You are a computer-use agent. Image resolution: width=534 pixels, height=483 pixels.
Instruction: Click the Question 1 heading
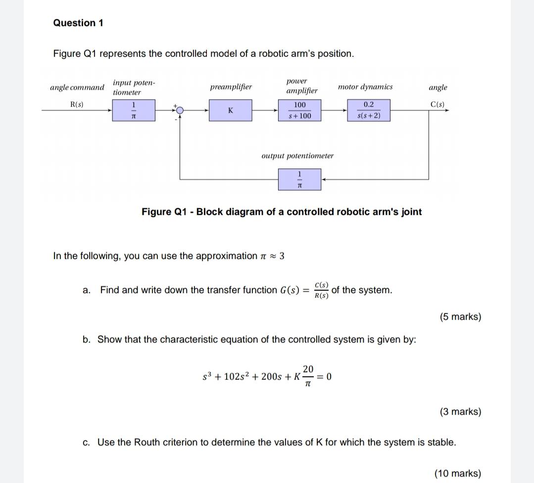coord(78,23)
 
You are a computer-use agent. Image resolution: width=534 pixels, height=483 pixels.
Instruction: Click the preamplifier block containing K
coord(230,110)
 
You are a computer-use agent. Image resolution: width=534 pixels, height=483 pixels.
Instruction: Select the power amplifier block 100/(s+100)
coord(299,110)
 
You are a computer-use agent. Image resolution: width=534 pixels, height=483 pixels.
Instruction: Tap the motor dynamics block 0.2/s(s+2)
coord(369,110)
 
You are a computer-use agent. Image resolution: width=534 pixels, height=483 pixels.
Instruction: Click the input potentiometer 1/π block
coord(133,110)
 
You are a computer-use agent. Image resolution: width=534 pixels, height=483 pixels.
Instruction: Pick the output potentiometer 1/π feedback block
coord(299,179)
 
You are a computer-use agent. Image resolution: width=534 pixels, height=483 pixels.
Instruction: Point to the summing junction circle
coord(180,110)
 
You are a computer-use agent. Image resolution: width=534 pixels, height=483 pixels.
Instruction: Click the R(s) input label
coord(77,105)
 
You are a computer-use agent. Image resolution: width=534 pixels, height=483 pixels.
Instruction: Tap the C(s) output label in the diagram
coord(437,105)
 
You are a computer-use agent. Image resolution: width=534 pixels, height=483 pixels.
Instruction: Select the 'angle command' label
coord(77,88)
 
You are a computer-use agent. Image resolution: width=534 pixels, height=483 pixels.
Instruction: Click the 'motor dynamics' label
coord(365,87)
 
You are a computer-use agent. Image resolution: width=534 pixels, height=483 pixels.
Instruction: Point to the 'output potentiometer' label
coord(297,156)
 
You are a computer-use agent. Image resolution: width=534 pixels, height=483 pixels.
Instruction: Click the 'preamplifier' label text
coord(231,87)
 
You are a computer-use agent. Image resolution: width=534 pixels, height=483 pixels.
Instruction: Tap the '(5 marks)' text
coord(460,317)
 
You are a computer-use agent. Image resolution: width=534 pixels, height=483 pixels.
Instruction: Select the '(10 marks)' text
coord(457,473)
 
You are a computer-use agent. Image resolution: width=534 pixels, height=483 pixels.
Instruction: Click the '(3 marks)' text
coord(460,412)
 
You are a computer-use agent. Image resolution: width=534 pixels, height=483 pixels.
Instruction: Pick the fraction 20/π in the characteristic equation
coord(307,376)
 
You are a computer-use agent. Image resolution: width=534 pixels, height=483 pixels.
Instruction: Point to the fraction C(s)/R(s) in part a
coord(322,290)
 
